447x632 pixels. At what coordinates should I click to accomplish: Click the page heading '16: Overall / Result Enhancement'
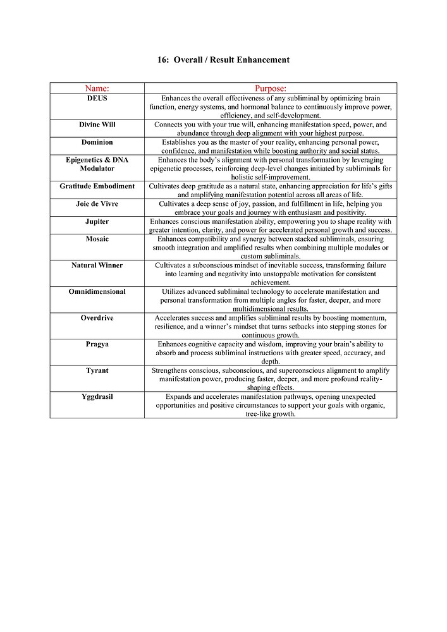coord(223,60)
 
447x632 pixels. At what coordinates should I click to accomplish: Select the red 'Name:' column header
coord(97,88)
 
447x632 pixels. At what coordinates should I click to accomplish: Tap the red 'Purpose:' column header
coord(271,88)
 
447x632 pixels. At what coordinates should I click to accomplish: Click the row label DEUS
coord(97,99)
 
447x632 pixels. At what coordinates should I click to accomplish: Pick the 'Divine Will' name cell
coord(97,125)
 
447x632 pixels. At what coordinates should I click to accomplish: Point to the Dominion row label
coord(97,142)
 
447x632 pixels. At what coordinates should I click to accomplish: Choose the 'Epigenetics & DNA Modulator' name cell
coord(97,164)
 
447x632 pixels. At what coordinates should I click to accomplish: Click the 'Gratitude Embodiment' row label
coord(97,186)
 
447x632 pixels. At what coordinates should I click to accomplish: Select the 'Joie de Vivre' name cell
coord(97,204)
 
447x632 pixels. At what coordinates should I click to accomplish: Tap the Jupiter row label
coord(97,222)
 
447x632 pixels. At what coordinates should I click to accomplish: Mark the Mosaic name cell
coord(97,239)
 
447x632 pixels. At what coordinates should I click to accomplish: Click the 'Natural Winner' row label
coord(97,265)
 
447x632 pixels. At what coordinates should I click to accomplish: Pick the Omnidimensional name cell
coord(97,291)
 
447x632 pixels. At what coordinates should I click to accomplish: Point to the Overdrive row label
coord(97,318)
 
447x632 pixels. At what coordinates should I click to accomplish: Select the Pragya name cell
coord(97,344)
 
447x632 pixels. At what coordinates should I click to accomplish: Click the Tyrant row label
coord(97,370)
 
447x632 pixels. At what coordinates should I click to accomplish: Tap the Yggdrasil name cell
coord(97,396)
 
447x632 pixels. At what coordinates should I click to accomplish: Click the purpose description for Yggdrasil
coord(271,404)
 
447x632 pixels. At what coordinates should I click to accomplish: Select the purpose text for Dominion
coord(271,147)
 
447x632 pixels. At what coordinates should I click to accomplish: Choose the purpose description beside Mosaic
coord(271,248)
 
